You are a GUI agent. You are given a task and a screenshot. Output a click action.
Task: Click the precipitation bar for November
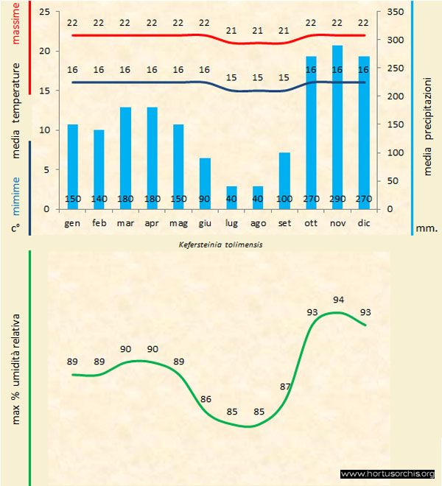(x=337, y=125)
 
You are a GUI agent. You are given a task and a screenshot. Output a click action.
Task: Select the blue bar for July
(x=231, y=197)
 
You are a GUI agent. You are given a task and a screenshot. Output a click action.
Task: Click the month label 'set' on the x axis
(x=284, y=222)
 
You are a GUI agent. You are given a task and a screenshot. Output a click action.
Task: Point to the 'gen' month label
(x=72, y=222)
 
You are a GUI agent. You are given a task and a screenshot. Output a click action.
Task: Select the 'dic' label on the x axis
(x=364, y=222)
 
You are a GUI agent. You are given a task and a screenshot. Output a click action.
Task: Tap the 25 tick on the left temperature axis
(x=44, y=13)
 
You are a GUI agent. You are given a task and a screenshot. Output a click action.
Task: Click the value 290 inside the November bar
(x=337, y=199)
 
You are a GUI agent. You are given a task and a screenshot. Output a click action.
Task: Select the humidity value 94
(x=339, y=300)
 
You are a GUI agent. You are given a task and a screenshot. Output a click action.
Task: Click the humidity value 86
(x=206, y=399)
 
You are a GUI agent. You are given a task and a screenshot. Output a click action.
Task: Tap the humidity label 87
(x=286, y=386)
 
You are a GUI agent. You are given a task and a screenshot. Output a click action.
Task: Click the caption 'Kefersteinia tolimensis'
(x=220, y=243)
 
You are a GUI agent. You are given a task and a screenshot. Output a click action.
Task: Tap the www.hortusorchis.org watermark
(x=387, y=473)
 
